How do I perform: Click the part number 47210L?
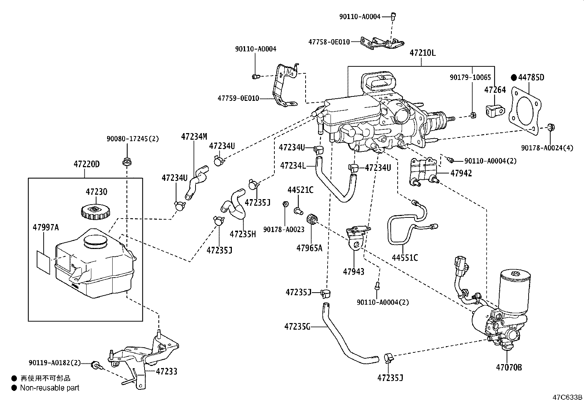tap(422, 53)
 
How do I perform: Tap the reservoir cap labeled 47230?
tap(95, 212)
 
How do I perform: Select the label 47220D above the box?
tap(86, 164)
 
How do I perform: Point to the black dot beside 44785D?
tap(514, 77)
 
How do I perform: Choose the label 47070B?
tap(509, 367)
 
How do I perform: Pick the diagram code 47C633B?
tap(567, 397)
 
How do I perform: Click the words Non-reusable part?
tap(50, 388)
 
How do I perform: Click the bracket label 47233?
tap(167, 371)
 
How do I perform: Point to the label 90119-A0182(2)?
tap(54, 363)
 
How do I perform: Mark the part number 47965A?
tap(309, 248)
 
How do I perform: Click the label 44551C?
tap(405, 257)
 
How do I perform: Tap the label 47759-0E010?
tap(238, 98)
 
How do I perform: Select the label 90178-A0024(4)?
tap(547, 148)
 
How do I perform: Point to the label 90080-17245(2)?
tap(133, 139)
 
